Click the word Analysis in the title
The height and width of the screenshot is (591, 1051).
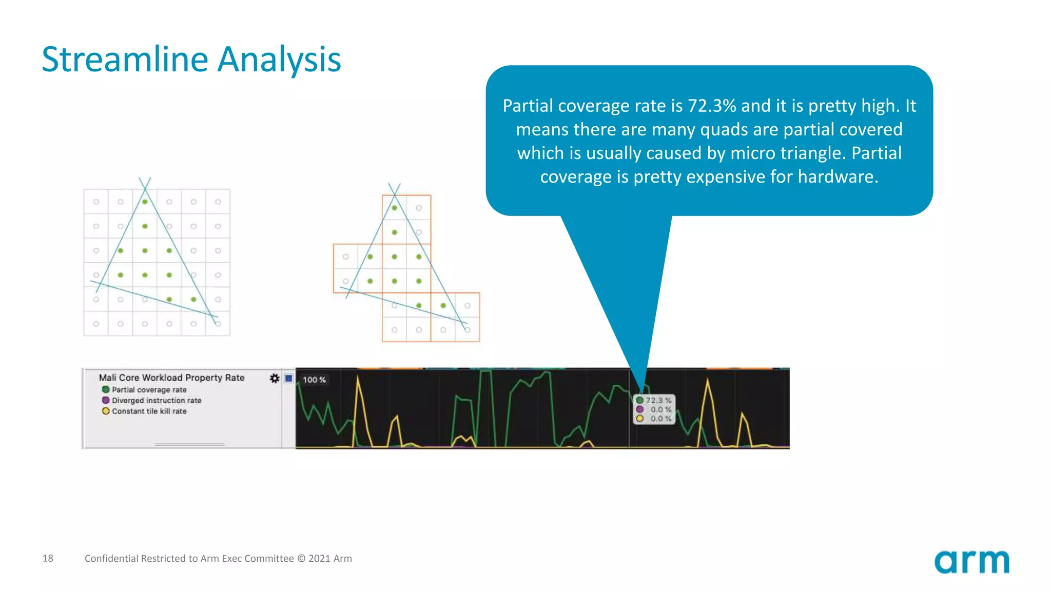[279, 60]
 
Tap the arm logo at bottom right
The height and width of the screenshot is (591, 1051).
[971, 562]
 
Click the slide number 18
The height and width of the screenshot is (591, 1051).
[48, 558]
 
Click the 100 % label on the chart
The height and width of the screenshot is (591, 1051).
[314, 380]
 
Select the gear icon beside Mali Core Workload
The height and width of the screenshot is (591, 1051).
[275, 378]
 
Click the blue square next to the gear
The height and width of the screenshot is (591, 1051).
[288, 378]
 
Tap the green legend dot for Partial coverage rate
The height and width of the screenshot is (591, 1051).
[106, 389]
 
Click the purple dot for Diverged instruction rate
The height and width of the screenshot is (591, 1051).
[106, 400]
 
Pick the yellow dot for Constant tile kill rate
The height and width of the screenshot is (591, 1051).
[106, 411]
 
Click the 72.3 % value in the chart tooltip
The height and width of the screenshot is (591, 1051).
[658, 400]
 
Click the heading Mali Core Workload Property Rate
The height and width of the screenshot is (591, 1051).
[171, 378]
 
